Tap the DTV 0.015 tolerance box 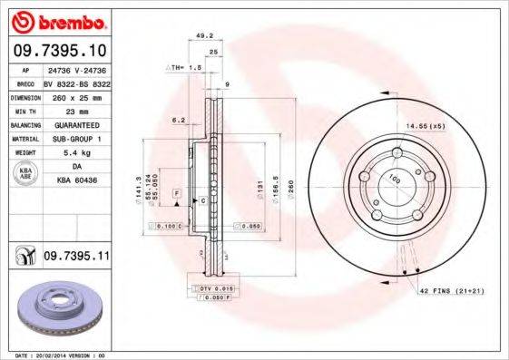point(210,287)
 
